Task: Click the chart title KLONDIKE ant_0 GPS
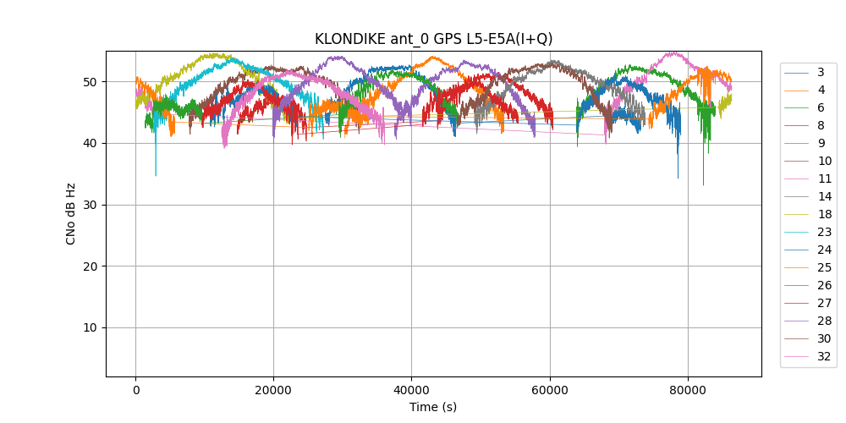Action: coord(433,39)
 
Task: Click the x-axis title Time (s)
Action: coord(433,407)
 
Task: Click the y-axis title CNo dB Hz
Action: coord(71,213)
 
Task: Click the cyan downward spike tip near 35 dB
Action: coord(156,175)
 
